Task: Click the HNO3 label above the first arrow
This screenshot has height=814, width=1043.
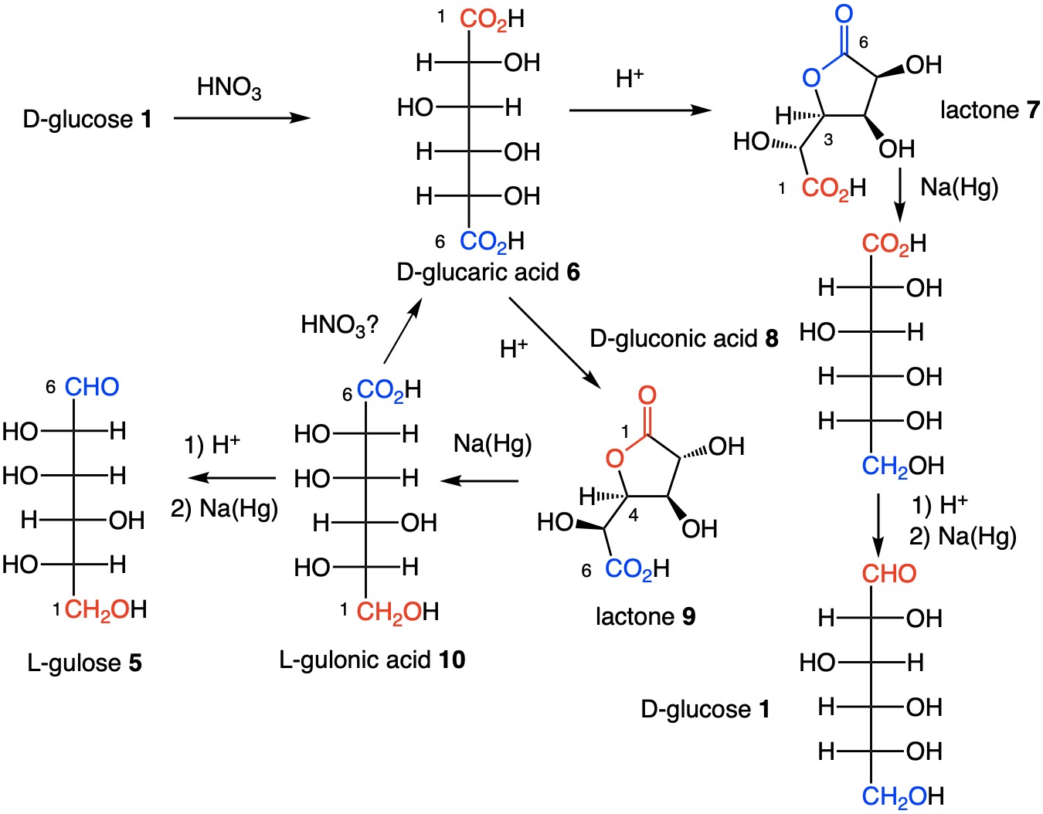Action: [229, 87]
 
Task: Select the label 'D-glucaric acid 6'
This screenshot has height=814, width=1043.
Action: [488, 272]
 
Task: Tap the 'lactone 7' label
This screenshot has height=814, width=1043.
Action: [989, 110]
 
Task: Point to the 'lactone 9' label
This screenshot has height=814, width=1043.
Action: [645, 616]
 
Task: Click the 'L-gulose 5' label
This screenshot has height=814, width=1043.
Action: [84, 663]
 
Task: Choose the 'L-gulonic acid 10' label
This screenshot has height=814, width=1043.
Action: [372, 660]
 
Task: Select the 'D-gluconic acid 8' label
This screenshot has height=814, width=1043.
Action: [684, 338]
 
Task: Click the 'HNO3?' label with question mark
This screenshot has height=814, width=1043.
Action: [339, 325]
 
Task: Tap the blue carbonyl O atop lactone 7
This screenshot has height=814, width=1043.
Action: [844, 14]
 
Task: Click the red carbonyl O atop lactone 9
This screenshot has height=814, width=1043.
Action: [647, 395]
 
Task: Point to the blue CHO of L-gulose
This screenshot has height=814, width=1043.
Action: [92, 386]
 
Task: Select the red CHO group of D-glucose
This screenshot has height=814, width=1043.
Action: [888, 574]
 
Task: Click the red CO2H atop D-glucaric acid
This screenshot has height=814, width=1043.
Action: [491, 19]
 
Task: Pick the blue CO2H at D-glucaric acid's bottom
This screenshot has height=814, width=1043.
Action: [491, 241]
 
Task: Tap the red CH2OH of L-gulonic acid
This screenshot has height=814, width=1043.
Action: [397, 612]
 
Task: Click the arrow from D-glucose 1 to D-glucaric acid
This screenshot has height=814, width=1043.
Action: [242, 118]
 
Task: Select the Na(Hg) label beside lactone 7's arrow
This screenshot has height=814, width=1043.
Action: [960, 187]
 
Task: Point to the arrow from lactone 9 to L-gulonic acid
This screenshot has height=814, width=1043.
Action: [479, 480]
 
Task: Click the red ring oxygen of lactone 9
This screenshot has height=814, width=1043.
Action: [614, 459]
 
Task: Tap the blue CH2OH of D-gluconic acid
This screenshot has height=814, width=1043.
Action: [902, 466]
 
